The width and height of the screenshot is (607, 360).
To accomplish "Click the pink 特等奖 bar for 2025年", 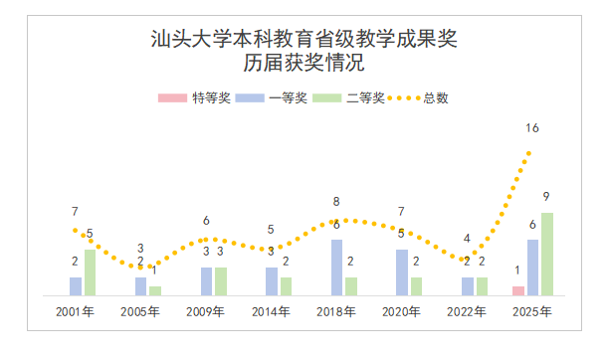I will [518, 290].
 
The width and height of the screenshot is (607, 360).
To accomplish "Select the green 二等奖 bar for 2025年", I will [547, 255].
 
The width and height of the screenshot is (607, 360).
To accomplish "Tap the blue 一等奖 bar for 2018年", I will [337, 268].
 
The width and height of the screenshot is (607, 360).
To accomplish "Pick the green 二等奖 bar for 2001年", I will [91, 272].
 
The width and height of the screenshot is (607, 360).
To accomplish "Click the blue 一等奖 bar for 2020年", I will [402, 272].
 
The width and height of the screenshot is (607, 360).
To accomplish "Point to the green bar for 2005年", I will [155, 290].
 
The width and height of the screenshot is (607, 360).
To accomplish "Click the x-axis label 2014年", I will [272, 311].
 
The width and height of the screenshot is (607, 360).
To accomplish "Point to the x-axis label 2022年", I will [468, 311].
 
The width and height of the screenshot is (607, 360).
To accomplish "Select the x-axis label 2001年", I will [76, 311].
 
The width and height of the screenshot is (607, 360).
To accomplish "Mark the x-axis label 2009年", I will [206, 311].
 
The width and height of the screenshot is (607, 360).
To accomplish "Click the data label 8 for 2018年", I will [336, 202].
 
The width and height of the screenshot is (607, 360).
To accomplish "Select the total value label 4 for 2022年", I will [468, 239].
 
